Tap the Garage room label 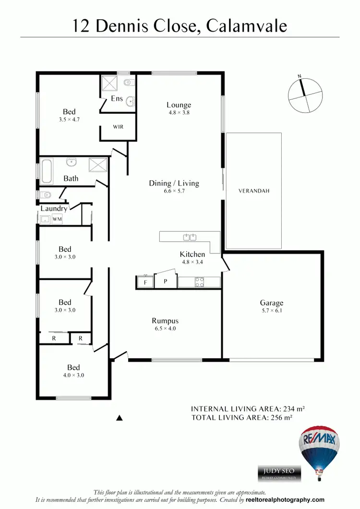coord(272,303)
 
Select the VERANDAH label coord(254,190)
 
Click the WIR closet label coord(119,127)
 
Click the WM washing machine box coord(57,219)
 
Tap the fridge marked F coord(145,282)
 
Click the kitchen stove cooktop coord(200,282)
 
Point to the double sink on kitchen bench coord(191,237)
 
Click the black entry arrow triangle coord(120,418)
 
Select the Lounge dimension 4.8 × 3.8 coord(179,113)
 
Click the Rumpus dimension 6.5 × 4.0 coord(165,329)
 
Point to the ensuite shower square coord(109,84)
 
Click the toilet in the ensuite coord(127,83)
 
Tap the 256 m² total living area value coord(282,418)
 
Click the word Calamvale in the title coord(247,25)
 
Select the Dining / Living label coord(174,183)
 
